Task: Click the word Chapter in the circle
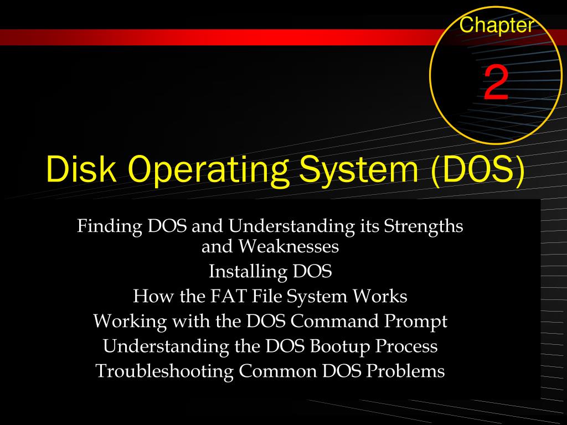tap(497, 25)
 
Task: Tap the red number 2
tap(496, 84)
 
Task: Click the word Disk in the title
tap(77, 169)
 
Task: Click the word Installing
tap(248, 272)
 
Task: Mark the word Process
tap(407, 346)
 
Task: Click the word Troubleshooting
tap(164, 371)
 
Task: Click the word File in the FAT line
tap(265, 297)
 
